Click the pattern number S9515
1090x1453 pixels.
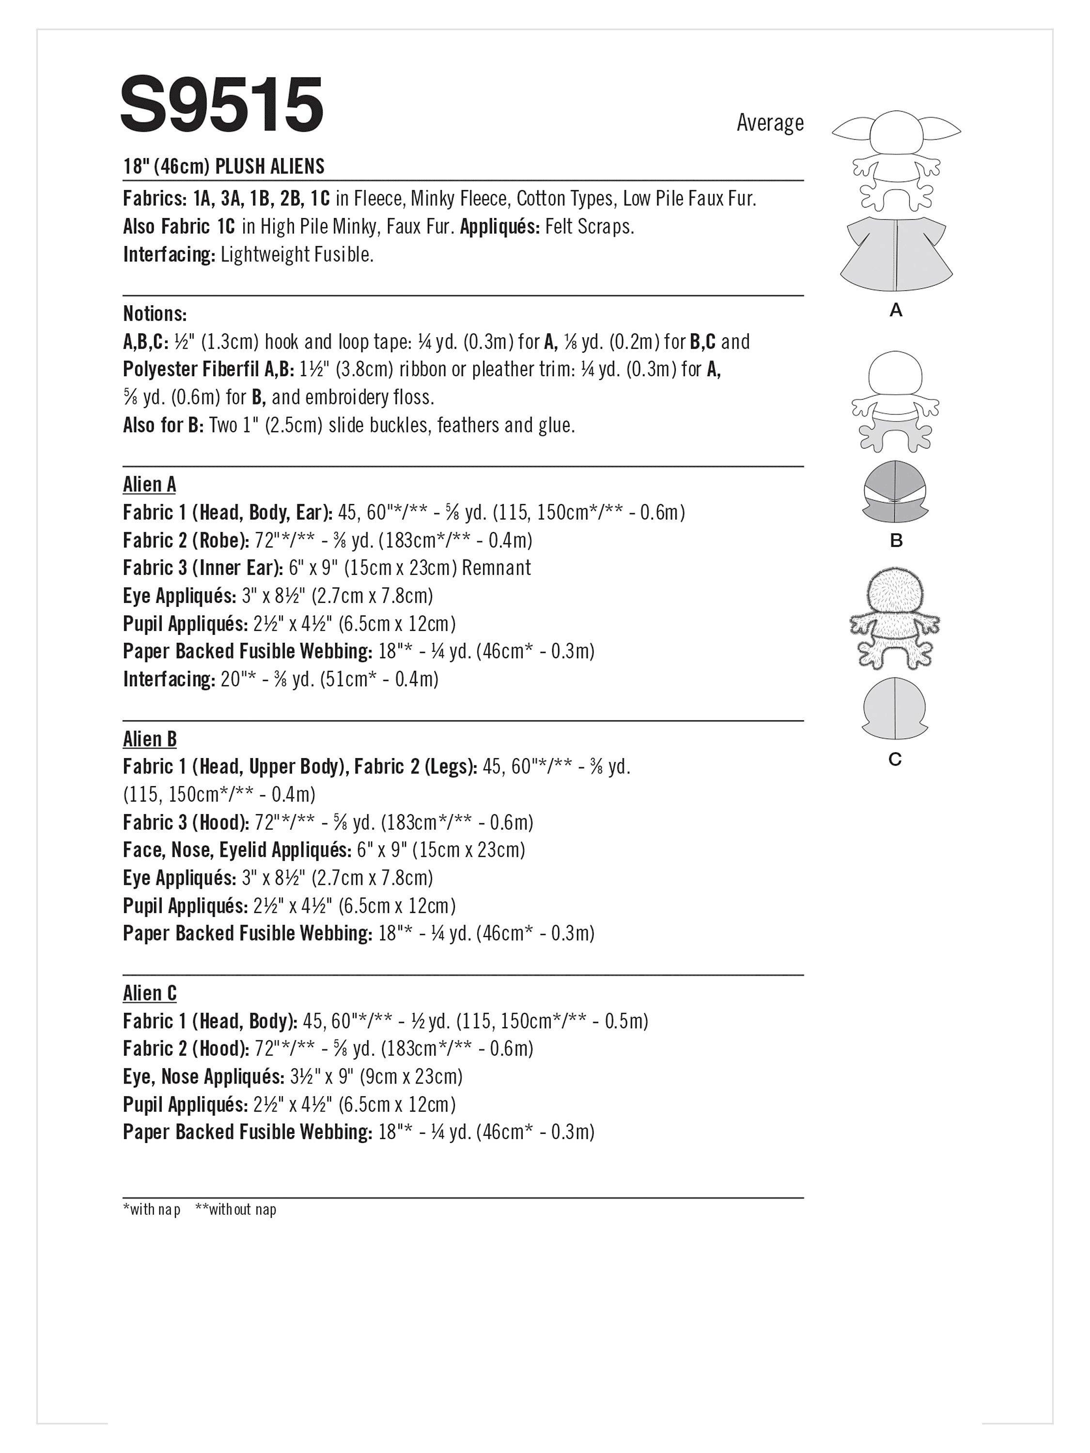point(221,105)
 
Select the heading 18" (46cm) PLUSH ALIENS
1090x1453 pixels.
point(223,166)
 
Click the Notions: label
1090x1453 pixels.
point(155,313)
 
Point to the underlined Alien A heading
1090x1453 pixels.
point(149,484)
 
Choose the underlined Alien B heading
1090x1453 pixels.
point(149,739)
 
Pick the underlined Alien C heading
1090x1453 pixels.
point(149,993)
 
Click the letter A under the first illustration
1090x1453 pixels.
point(896,311)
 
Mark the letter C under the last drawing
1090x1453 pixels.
point(895,759)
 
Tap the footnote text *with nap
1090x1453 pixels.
point(152,1209)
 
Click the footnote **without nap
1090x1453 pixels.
point(235,1209)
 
